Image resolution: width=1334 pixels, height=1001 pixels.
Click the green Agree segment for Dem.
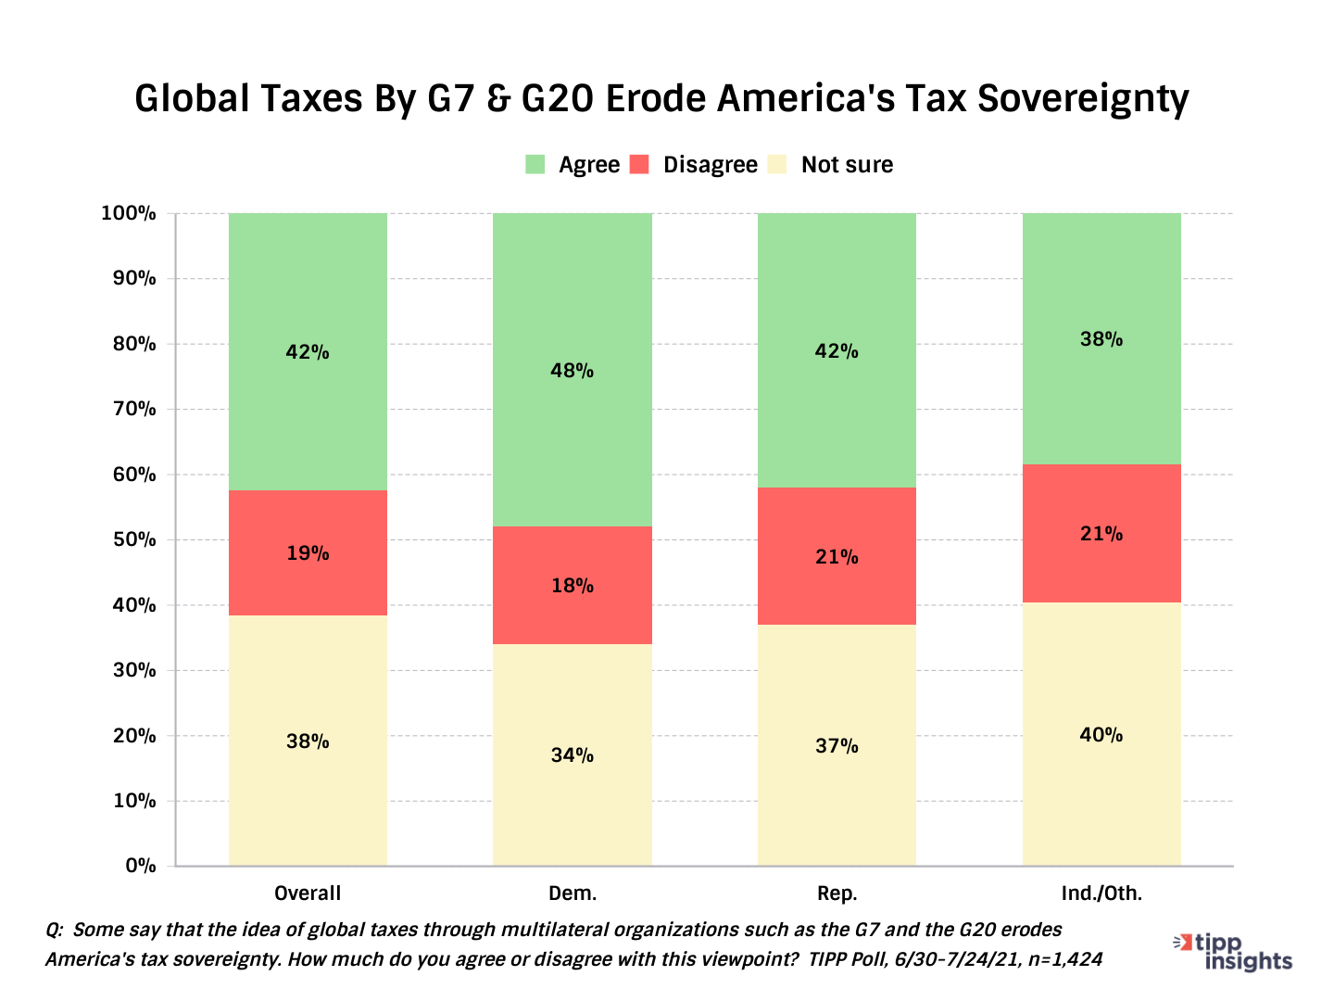tap(572, 306)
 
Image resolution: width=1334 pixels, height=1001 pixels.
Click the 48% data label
tap(572, 371)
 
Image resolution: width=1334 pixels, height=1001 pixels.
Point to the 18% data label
tap(572, 586)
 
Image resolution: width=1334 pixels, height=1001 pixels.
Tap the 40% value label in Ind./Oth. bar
tap(1101, 735)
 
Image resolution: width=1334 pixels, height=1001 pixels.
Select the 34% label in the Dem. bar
tap(572, 755)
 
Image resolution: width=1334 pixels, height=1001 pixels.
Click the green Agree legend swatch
tap(535, 165)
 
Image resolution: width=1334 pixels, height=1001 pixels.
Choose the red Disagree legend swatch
tap(639, 165)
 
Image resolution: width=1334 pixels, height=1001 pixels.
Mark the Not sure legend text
tap(847, 165)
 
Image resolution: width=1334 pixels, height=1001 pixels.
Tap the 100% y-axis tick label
tap(129, 213)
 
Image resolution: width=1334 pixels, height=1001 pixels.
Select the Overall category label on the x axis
tap(308, 893)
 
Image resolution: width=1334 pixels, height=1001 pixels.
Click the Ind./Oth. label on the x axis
tap(1101, 893)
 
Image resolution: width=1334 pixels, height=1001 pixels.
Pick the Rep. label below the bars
tap(837, 893)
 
